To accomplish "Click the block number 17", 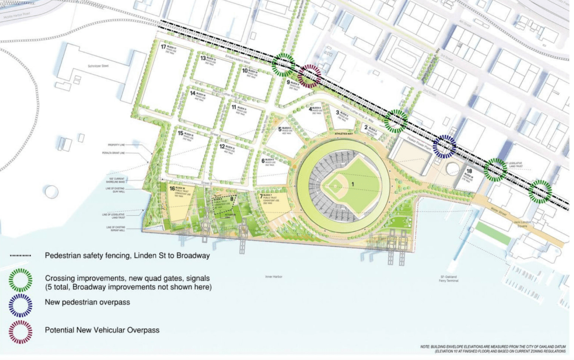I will point(164,47).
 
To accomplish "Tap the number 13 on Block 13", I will point(203,58).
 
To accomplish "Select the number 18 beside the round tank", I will point(469,171).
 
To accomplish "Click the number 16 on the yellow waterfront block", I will point(172,188).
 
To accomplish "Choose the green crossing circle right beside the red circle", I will point(284,65).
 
